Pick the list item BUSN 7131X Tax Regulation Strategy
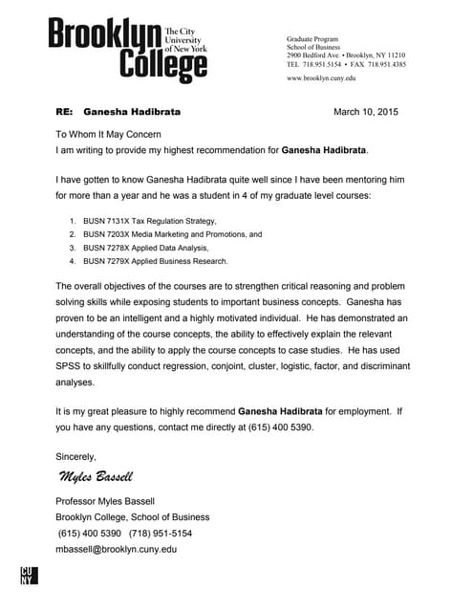coord(143,220)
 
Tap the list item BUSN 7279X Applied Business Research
coord(156,260)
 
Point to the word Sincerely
coord(76,456)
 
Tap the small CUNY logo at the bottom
coord(28,575)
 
